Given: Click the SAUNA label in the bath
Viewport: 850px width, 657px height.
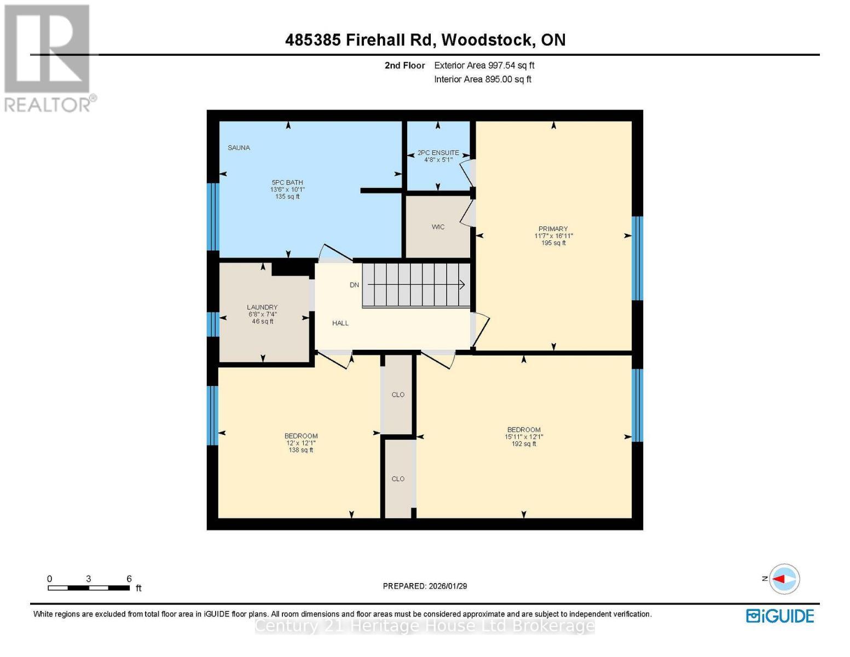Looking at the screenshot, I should click(239, 148).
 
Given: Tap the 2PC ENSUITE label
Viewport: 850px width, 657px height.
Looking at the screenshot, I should click(438, 153).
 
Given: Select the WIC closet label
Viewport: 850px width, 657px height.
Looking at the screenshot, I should click(438, 227).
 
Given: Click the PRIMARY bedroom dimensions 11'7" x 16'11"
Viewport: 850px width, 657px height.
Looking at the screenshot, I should click(553, 236).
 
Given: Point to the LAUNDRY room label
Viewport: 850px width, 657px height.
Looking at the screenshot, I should click(262, 307).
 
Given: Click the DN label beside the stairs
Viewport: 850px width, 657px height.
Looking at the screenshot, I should click(354, 285).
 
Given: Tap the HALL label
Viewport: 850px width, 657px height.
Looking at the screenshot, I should click(340, 324).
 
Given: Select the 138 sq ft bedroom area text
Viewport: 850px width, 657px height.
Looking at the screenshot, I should click(300, 451).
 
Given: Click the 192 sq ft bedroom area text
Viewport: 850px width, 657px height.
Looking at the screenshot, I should click(524, 444).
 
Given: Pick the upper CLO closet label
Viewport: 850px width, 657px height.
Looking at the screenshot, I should click(398, 395).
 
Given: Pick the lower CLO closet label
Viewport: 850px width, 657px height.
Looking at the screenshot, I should click(398, 479).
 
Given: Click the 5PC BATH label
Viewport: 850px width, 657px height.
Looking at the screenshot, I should click(287, 183).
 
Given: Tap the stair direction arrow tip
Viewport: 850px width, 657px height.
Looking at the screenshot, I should click(464, 285).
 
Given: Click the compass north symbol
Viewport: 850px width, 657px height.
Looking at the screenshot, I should click(784, 579).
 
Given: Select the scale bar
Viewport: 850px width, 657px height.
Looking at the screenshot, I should click(89, 588).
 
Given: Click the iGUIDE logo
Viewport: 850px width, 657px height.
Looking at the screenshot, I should click(780, 616).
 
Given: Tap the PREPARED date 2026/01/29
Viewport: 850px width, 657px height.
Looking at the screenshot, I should click(425, 586).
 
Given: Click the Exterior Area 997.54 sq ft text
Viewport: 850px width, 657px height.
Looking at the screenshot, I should click(484, 65).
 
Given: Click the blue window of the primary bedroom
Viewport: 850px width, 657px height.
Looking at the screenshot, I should click(637, 258).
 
